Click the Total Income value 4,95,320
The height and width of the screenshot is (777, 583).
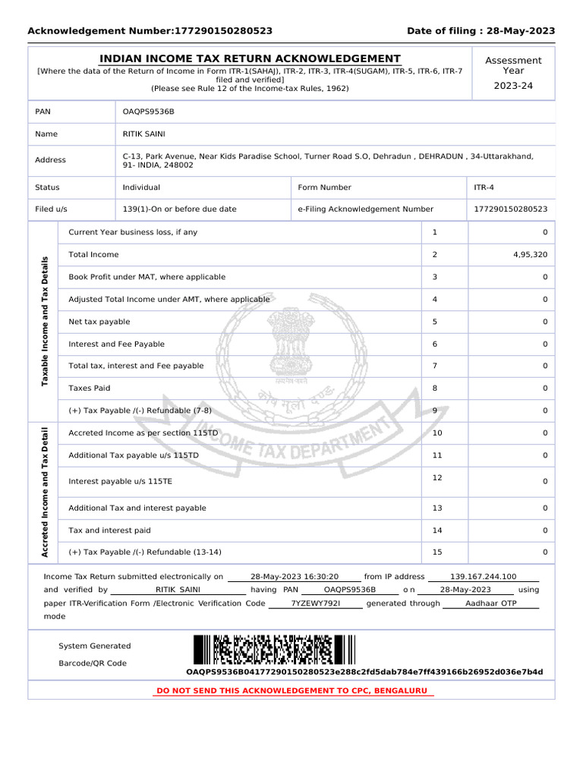[x=530, y=255]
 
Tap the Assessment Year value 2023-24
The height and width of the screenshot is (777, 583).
[x=513, y=86]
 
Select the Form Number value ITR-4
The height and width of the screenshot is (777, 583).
[x=484, y=187]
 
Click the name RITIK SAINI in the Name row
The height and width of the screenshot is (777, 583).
[x=143, y=134]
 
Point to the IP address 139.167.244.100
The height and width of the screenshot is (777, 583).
[x=483, y=577]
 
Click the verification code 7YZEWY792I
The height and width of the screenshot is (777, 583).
[x=316, y=603]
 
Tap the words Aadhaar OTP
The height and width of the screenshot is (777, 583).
[x=490, y=603]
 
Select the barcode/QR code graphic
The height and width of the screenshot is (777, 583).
[x=274, y=650]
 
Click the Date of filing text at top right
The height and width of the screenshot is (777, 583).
[x=481, y=31]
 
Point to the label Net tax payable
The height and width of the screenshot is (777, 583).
[x=99, y=322]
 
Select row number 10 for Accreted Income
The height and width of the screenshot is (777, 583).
[x=436, y=433]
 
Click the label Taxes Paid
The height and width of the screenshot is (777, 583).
[x=90, y=388]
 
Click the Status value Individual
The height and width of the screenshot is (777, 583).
[x=141, y=187]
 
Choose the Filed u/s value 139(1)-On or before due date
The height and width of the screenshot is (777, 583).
[x=179, y=209]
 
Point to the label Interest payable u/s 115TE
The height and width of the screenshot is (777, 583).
[x=121, y=482]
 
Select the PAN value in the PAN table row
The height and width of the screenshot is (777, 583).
[x=149, y=112]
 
